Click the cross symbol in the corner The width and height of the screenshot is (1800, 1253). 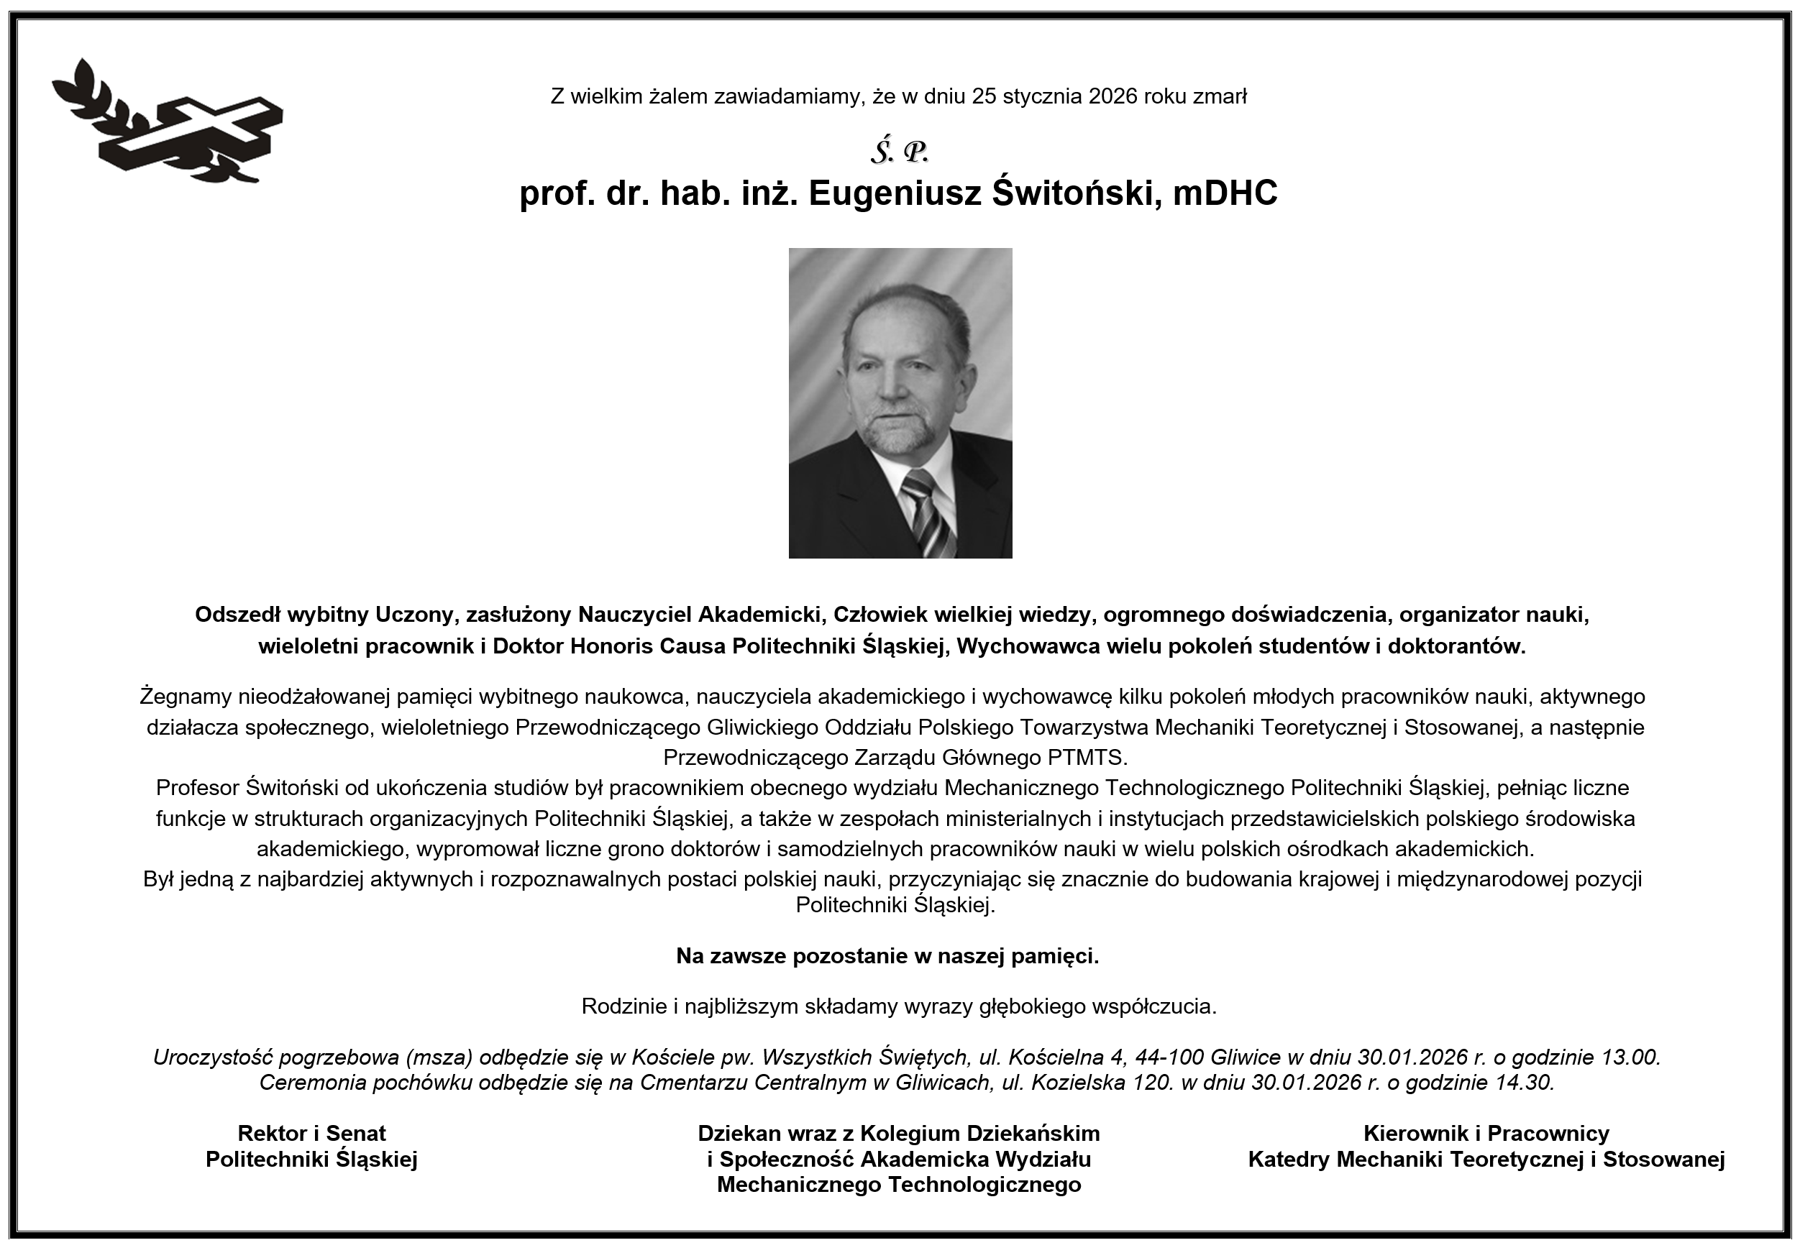pyautogui.click(x=196, y=133)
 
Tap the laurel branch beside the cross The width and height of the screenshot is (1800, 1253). pyautogui.click(x=94, y=102)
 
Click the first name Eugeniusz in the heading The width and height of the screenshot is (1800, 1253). pyautogui.click(x=895, y=194)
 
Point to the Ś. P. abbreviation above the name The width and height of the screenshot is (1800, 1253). pyautogui.click(x=899, y=152)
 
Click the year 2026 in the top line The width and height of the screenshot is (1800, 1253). pyautogui.click(x=1113, y=96)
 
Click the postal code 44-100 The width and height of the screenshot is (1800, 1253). pyautogui.click(x=1169, y=1057)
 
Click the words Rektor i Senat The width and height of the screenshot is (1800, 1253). pyautogui.click(x=311, y=1133)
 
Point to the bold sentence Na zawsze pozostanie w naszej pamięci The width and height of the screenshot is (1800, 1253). pyautogui.click(x=887, y=956)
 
